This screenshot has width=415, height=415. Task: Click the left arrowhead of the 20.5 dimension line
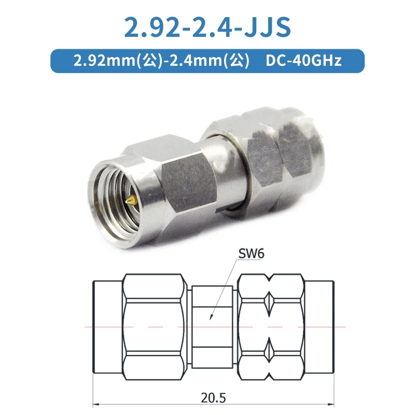pos(96,404)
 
